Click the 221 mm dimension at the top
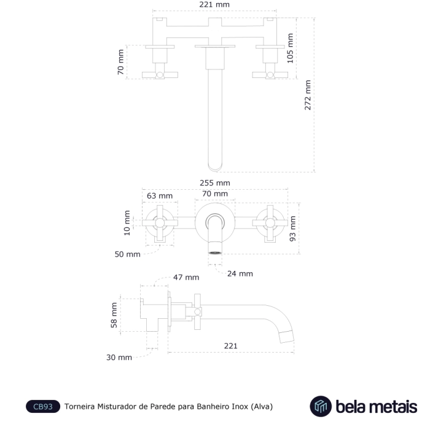pyautogui.click(x=215, y=5)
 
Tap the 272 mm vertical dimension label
pyautogui.click(x=308, y=95)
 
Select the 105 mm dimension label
pyautogui.click(x=291, y=48)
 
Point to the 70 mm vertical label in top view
pyautogui.click(x=121, y=62)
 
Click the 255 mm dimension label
pyautogui.click(x=215, y=183)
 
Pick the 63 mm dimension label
pyautogui.click(x=159, y=195)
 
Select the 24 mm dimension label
pyautogui.click(x=240, y=273)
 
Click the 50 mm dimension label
pyautogui.click(x=128, y=254)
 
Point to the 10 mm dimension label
pyautogui.click(x=127, y=223)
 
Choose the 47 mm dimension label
pyautogui.click(x=186, y=278)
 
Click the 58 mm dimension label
pyautogui.click(x=114, y=315)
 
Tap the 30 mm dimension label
pyautogui.click(x=119, y=357)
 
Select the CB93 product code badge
pyautogui.click(x=43, y=407)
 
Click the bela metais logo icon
pyautogui.click(x=320, y=406)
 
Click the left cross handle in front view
pyautogui.click(x=161, y=224)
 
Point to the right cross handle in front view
pyautogui.click(x=269, y=224)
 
